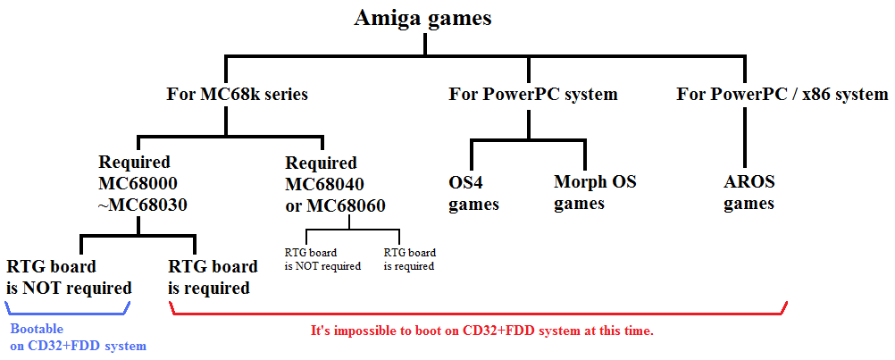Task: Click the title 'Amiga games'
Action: [423, 18]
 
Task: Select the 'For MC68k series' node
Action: [237, 94]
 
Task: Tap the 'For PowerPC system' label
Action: [533, 94]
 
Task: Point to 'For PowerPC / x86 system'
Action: [782, 94]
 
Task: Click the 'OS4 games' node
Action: [473, 194]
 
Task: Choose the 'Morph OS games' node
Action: [595, 193]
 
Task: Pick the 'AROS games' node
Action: [749, 193]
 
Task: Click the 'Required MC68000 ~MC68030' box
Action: [143, 184]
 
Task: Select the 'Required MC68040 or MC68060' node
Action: [335, 184]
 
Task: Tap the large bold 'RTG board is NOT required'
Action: [69, 277]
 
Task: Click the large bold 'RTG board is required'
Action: [213, 277]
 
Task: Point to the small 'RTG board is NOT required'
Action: [322, 259]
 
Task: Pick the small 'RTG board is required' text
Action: [410, 259]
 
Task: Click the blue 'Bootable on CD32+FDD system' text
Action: [79, 337]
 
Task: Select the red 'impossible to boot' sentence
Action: [481, 331]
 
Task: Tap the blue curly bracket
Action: [68, 314]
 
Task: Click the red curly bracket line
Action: [479, 314]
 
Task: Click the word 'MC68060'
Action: [347, 205]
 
